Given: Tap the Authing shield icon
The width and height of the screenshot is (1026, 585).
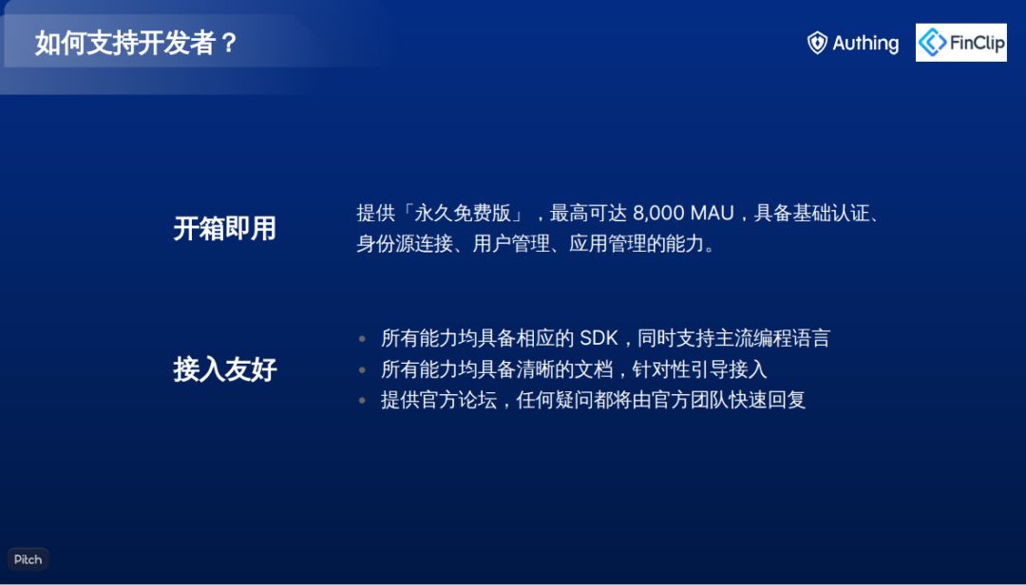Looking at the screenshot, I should [x=817, y=43].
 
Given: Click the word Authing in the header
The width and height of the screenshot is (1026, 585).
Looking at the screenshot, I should [x=865, y=43].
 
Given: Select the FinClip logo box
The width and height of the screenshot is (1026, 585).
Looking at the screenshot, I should [x=960, y=43].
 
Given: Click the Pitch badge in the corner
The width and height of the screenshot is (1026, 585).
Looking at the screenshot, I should [x=28, y=559].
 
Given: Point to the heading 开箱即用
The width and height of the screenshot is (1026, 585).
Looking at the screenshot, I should [x=224, y=228].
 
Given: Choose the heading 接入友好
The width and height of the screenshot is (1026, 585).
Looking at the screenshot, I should [x=224, y=368].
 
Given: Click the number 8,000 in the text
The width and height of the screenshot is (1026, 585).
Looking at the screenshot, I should [x=659, y=213].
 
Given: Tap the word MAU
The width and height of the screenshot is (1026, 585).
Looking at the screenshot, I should [x=712, y=213].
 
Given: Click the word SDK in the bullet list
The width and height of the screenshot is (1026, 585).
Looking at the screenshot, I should [x=598, y=338].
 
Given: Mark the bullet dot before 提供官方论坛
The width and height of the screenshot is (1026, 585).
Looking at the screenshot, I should [x=362, y=400].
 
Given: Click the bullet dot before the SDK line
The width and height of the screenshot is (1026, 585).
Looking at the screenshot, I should [x=362, y=338].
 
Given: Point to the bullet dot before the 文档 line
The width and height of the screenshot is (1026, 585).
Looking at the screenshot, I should [x=362, y=369].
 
